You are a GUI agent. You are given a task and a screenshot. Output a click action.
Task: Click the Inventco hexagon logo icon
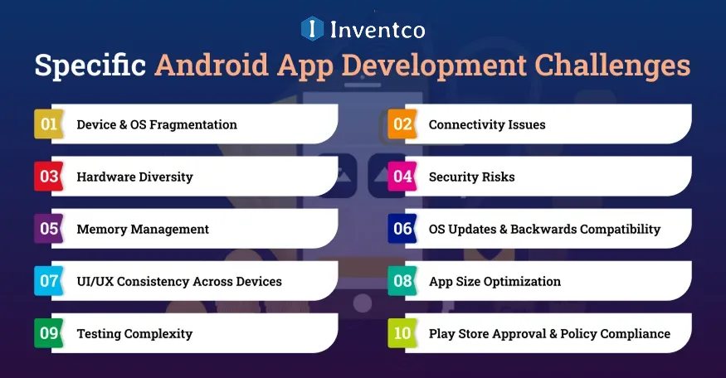[x=312, y=29]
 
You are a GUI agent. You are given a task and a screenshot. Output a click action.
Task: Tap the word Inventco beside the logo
[x=378, y=30]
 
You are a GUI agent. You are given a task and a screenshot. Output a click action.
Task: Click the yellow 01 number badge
[x=49, y=124]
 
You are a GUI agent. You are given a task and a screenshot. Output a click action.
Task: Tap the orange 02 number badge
[x=402, y=124]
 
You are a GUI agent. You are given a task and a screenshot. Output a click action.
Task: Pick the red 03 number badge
[x=49, y=177]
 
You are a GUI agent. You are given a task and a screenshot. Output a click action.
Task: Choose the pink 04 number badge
[x=402, y=177]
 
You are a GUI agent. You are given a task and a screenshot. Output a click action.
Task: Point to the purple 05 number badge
[x=49, y=229]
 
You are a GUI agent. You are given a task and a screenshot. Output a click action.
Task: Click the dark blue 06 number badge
[x=402, y=229]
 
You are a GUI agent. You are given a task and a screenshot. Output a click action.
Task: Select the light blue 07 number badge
[x=49, y=281]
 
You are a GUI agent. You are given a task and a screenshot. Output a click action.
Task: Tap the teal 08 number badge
[x=402, y=281]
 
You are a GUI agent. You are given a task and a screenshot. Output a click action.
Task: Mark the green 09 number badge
[x=49, y=333]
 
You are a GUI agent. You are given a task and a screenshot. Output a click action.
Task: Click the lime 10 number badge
[x=402, y=333]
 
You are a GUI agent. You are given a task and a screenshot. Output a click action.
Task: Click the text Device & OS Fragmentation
[x=157, y=125]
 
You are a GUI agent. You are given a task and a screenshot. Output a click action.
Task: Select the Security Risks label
[x=471, y=177]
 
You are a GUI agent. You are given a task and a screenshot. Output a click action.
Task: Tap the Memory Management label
[x=143, y=230]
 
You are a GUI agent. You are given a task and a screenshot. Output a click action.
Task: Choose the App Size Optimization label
[x=495, y=282]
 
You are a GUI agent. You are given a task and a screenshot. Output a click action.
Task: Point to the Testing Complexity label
[x=134, y=334]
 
